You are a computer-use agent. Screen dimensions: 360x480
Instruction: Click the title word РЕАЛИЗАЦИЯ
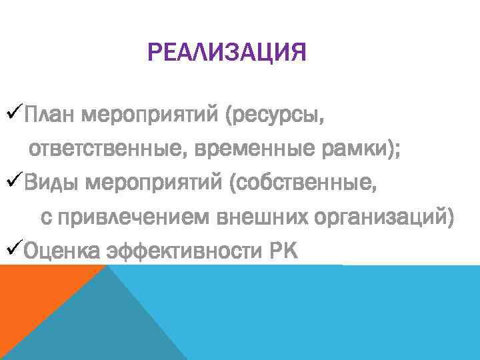pyautogui.click(x=227, y=51)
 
